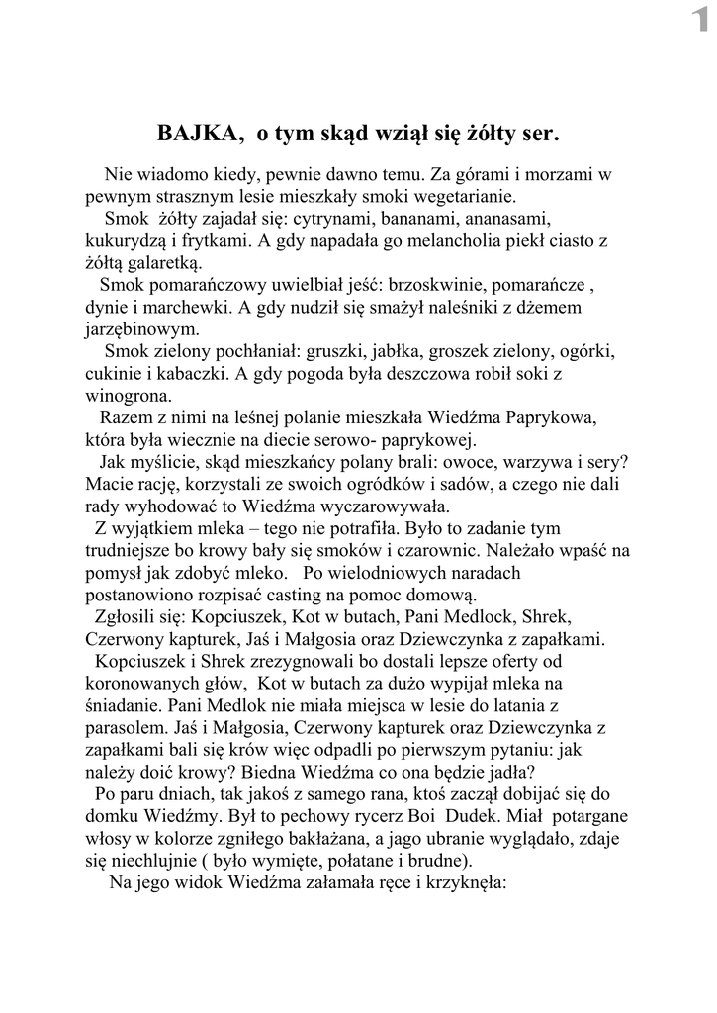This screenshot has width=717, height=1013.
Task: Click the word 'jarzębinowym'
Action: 134,330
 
